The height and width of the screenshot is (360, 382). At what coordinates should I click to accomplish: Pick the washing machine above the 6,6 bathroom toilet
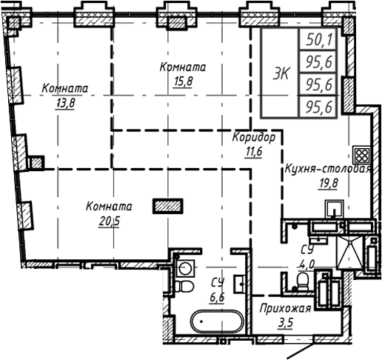point(185,265)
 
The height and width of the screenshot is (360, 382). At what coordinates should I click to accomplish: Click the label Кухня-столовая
point(326,169)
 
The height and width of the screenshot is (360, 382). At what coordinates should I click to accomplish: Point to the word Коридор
point(254,139)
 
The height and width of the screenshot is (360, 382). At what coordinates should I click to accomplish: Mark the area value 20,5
point(108,220)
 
